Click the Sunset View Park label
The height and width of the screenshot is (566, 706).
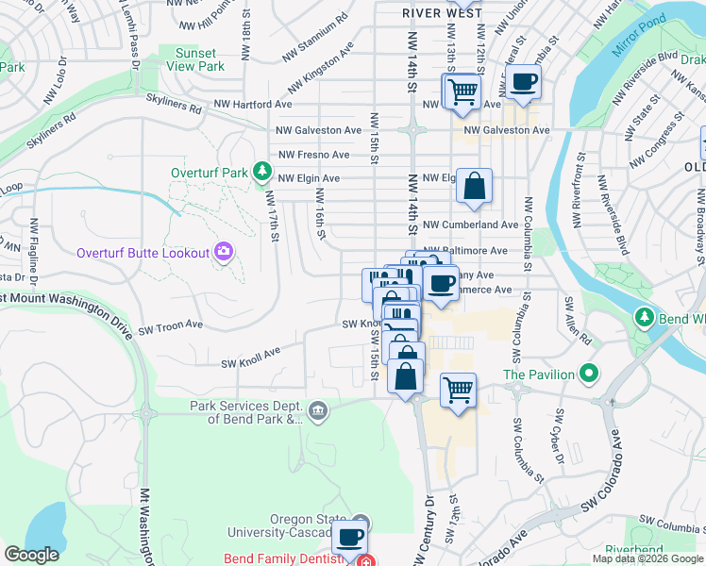(x=195, y=60)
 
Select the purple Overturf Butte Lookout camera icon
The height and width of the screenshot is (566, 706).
(x=224, y=252)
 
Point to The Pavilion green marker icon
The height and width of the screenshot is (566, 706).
(x=589, y=375)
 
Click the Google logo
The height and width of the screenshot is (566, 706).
(x=31, y=555)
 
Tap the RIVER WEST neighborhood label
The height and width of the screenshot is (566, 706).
(x=442, y=13)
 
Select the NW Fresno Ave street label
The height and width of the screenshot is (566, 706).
(x=314, y=155)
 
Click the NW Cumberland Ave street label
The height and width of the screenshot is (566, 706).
(x=470, y=225)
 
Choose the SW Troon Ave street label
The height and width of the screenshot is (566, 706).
(x=171, y=326)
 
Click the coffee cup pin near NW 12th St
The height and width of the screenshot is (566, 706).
(x=524, y=81)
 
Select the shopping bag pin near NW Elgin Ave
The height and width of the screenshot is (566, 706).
(x=474, y=186)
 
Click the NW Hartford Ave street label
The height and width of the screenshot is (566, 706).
(x=253, y=104)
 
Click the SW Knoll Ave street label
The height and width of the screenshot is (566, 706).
(x=251, y=358)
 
